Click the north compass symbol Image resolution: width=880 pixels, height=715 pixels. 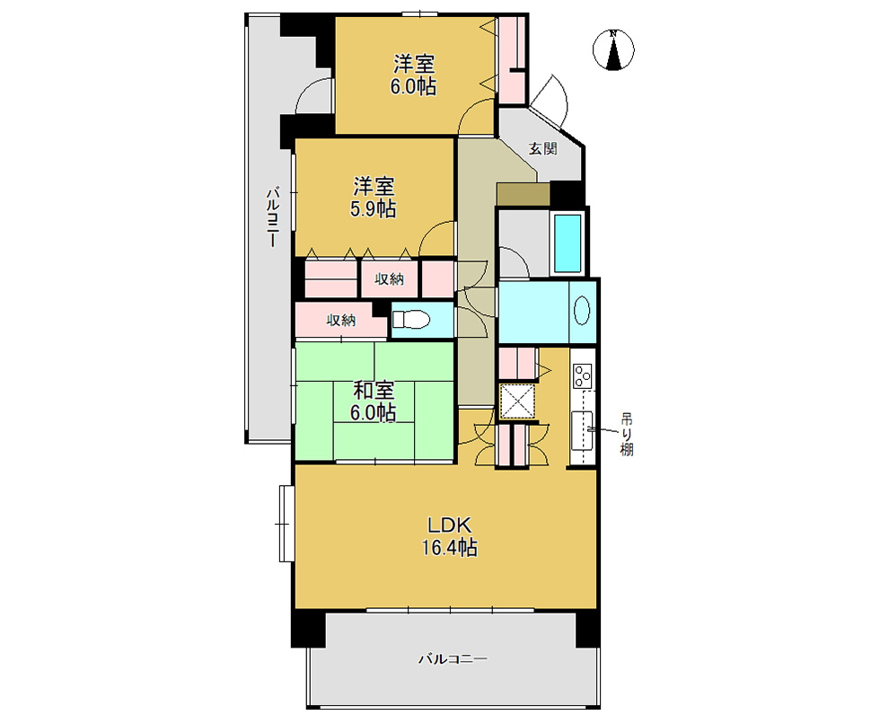click(613, 49)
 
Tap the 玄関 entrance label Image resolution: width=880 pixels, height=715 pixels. click(542, 149)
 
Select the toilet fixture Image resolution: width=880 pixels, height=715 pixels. click(411, 320)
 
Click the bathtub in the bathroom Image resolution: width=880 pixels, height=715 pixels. click(568, 243)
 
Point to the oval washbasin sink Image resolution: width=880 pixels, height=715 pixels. click(582, 311)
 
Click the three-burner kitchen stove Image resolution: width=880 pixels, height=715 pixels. click(583, 375)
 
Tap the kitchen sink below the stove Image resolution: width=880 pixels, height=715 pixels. click(582, 430)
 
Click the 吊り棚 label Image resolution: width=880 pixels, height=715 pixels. click(627, 434)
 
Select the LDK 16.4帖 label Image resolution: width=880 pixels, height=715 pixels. click(450, 536)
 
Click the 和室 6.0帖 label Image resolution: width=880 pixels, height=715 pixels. click(374, 402)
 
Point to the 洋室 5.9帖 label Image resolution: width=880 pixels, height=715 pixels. click(374, 197)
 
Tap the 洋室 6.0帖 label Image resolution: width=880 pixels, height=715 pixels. click(414, 75)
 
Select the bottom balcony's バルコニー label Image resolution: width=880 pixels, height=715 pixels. click(453, 658)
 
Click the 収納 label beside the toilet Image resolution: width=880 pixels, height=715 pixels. click(341, 321)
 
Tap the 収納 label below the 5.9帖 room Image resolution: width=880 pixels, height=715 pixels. click(390, 278)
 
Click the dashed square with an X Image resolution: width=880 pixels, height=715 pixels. click(517, 402)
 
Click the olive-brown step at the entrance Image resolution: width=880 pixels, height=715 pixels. click(523, 194)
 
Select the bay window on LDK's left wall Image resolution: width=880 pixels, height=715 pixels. click(286, 523)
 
